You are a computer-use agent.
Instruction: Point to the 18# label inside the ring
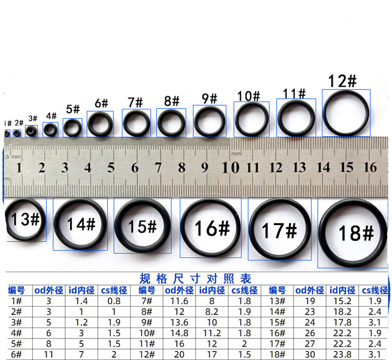click(356, 233)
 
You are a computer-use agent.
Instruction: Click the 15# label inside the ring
click(142, 227)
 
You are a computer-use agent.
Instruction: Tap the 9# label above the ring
click(210, 99)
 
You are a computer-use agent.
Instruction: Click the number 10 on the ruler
click(230, 167)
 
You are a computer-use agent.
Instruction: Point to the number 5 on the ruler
click(111, 167)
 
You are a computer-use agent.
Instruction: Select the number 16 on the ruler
click(370, 167)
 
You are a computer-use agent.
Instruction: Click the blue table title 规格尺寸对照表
click(195, 278)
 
